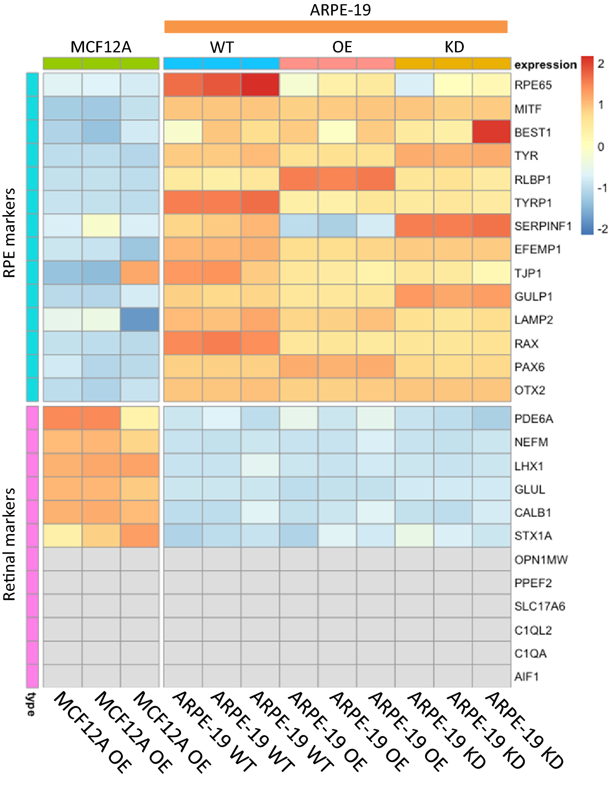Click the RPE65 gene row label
click(x=533, y=85)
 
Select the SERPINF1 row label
click(x=543, y=226)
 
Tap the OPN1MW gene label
click(x=541, y=560)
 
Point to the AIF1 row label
click(x=526, y=677)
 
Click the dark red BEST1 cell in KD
click(x=491, y=132)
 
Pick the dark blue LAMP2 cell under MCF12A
click(x=140, y=319)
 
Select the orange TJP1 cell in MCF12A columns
click(x=140, y=272)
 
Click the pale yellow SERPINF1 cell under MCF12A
click(x=101, y=225)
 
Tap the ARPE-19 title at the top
click(x=340, y=10)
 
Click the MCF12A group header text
click(x=101, y=47)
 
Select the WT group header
click(x=222, y=47)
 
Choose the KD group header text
click(x=454, y=47)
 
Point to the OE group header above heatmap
click(x=342, y=47)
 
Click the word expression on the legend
click(x=545, y=65)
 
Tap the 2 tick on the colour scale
click(x=601, y=64)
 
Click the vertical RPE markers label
click(x=9, y=233)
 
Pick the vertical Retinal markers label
click(x=9, y=544)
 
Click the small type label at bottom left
click(x=31, y=704)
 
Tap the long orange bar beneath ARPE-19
click(x=336, y=27)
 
